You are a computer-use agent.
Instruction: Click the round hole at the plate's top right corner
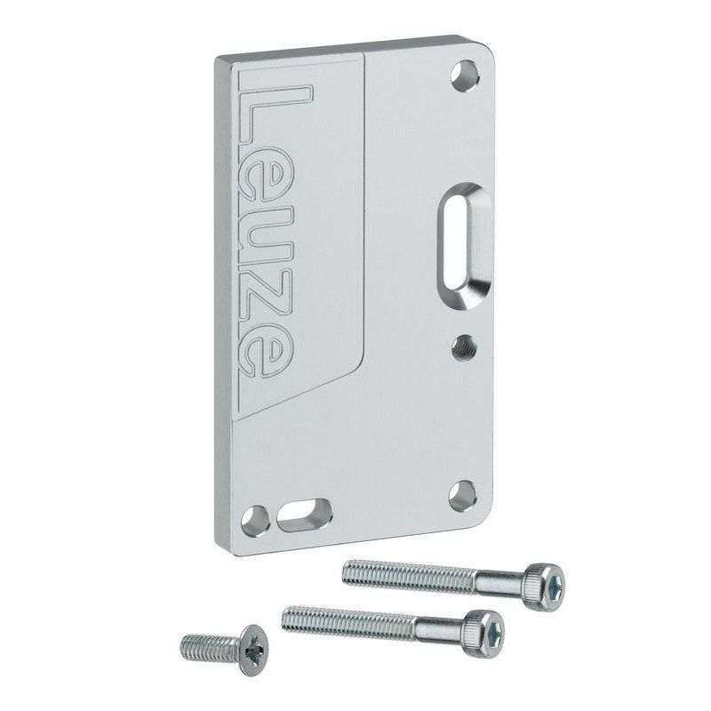coord(465,75)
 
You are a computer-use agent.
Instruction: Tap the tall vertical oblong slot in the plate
coord(464,245)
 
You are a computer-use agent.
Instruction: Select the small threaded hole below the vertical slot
coord(463,347)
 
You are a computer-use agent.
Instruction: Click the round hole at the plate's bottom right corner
coord(462,496)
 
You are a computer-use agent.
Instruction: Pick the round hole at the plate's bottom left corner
coord(255,521)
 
